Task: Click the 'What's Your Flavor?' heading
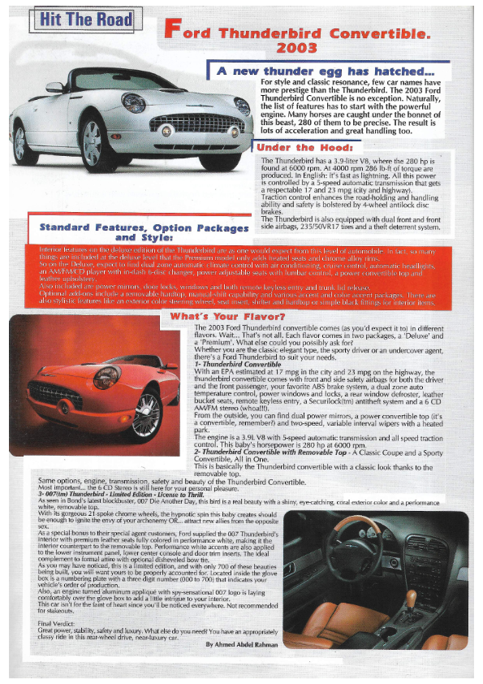(227, 315)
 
